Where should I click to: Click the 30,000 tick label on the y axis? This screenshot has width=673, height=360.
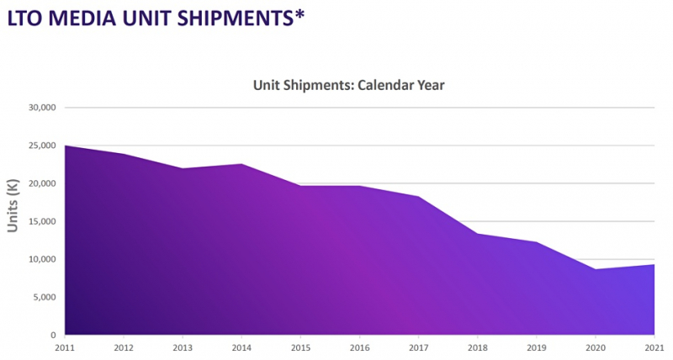coord(40,108)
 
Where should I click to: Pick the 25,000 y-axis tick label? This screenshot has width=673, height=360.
coord(40,146)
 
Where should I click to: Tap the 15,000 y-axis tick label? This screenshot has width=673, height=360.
coord(40,221)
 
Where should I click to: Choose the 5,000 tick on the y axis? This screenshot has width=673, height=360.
coord(43,297)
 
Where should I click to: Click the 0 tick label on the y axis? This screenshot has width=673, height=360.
coord(52,335)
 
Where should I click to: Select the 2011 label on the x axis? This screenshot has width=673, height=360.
coord(66,347)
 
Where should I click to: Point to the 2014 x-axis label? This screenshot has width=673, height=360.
coord(242,347)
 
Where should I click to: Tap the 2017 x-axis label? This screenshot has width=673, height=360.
coord(419,347)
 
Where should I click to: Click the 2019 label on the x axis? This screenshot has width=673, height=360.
coord(537,347)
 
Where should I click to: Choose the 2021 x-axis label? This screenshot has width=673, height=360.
coord(654,347)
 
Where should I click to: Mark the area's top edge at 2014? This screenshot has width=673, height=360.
coord(242,164)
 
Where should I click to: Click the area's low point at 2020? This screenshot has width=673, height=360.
coord(596,269)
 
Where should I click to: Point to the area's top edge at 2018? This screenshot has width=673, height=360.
coord(478,234)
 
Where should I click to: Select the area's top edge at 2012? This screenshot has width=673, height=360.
coord(125,154)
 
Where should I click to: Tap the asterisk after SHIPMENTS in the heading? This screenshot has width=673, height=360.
coord(299,12)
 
